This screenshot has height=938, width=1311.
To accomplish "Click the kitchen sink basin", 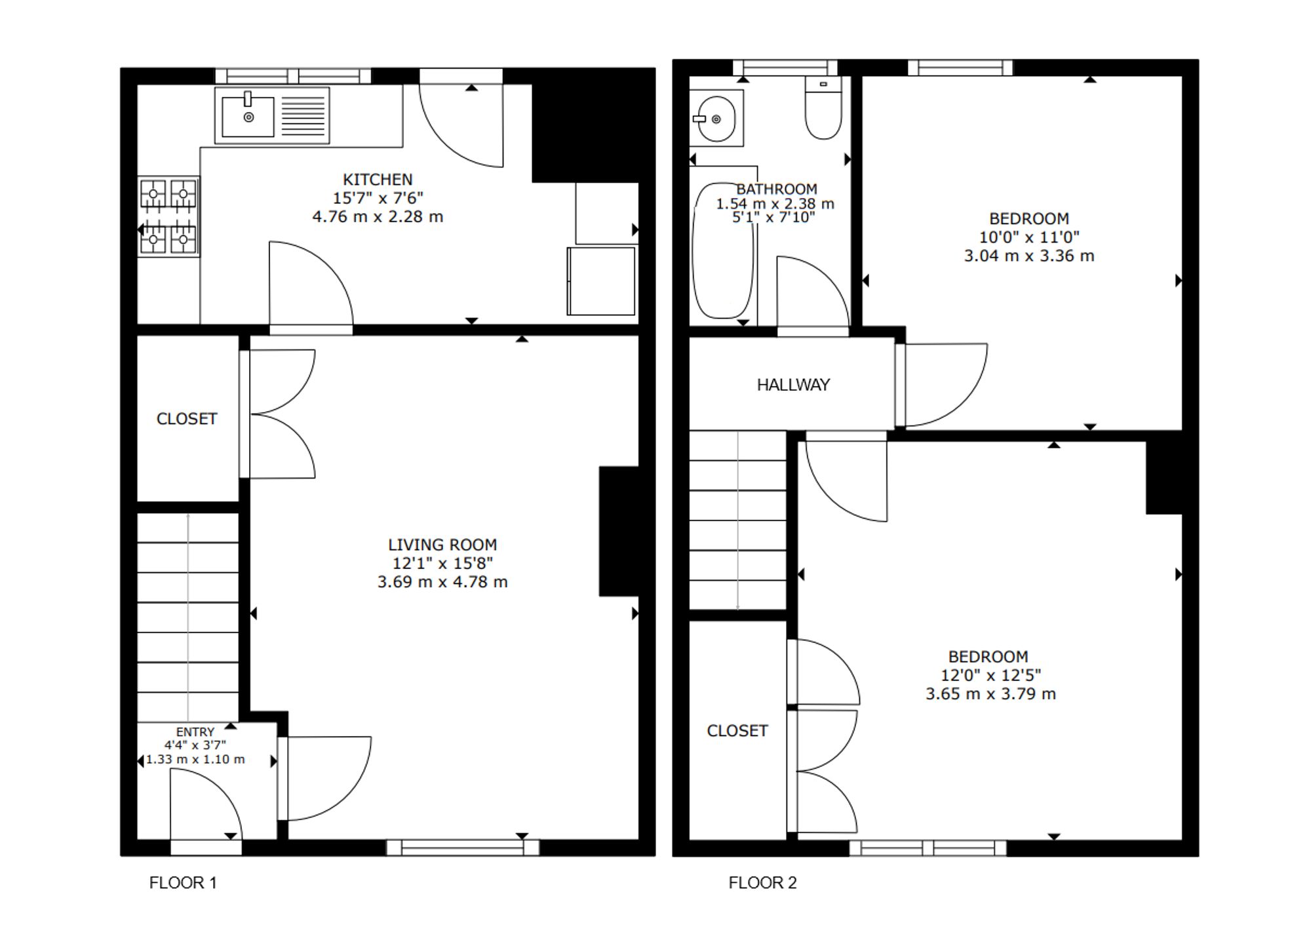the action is (x=248, y=117).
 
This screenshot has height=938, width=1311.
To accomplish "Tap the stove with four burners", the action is (x=168, y=216).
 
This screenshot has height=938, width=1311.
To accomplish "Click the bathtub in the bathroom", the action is (x=723, y=250).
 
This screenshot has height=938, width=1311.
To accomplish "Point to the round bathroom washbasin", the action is (x=716, y=119).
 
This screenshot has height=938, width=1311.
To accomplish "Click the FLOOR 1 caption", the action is (x=183, y=883).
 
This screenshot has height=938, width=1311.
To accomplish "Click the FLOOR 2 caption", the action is (x=763, y=883).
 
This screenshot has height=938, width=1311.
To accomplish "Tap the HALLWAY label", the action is (x=793, y=385).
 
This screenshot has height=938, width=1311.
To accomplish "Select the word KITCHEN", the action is (x=378, y=180).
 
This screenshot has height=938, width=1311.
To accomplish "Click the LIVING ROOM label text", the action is (x=442, y=545).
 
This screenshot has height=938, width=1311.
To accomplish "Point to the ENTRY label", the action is (x=195, y=732).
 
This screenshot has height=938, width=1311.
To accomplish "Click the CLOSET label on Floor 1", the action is (x=187, y=419).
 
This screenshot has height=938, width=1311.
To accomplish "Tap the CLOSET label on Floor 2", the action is (x=737, y=731).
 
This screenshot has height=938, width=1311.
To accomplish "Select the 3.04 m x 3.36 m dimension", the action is (x=1029, y=256).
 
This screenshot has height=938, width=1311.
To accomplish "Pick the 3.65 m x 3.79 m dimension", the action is (x=990, y=694).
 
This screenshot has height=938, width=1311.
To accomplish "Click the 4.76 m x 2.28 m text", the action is (x=378, y=216).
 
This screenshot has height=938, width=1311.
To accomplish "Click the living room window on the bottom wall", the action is (x=463, y=848).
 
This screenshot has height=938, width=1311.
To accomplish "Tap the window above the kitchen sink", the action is (x=293, y=76).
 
